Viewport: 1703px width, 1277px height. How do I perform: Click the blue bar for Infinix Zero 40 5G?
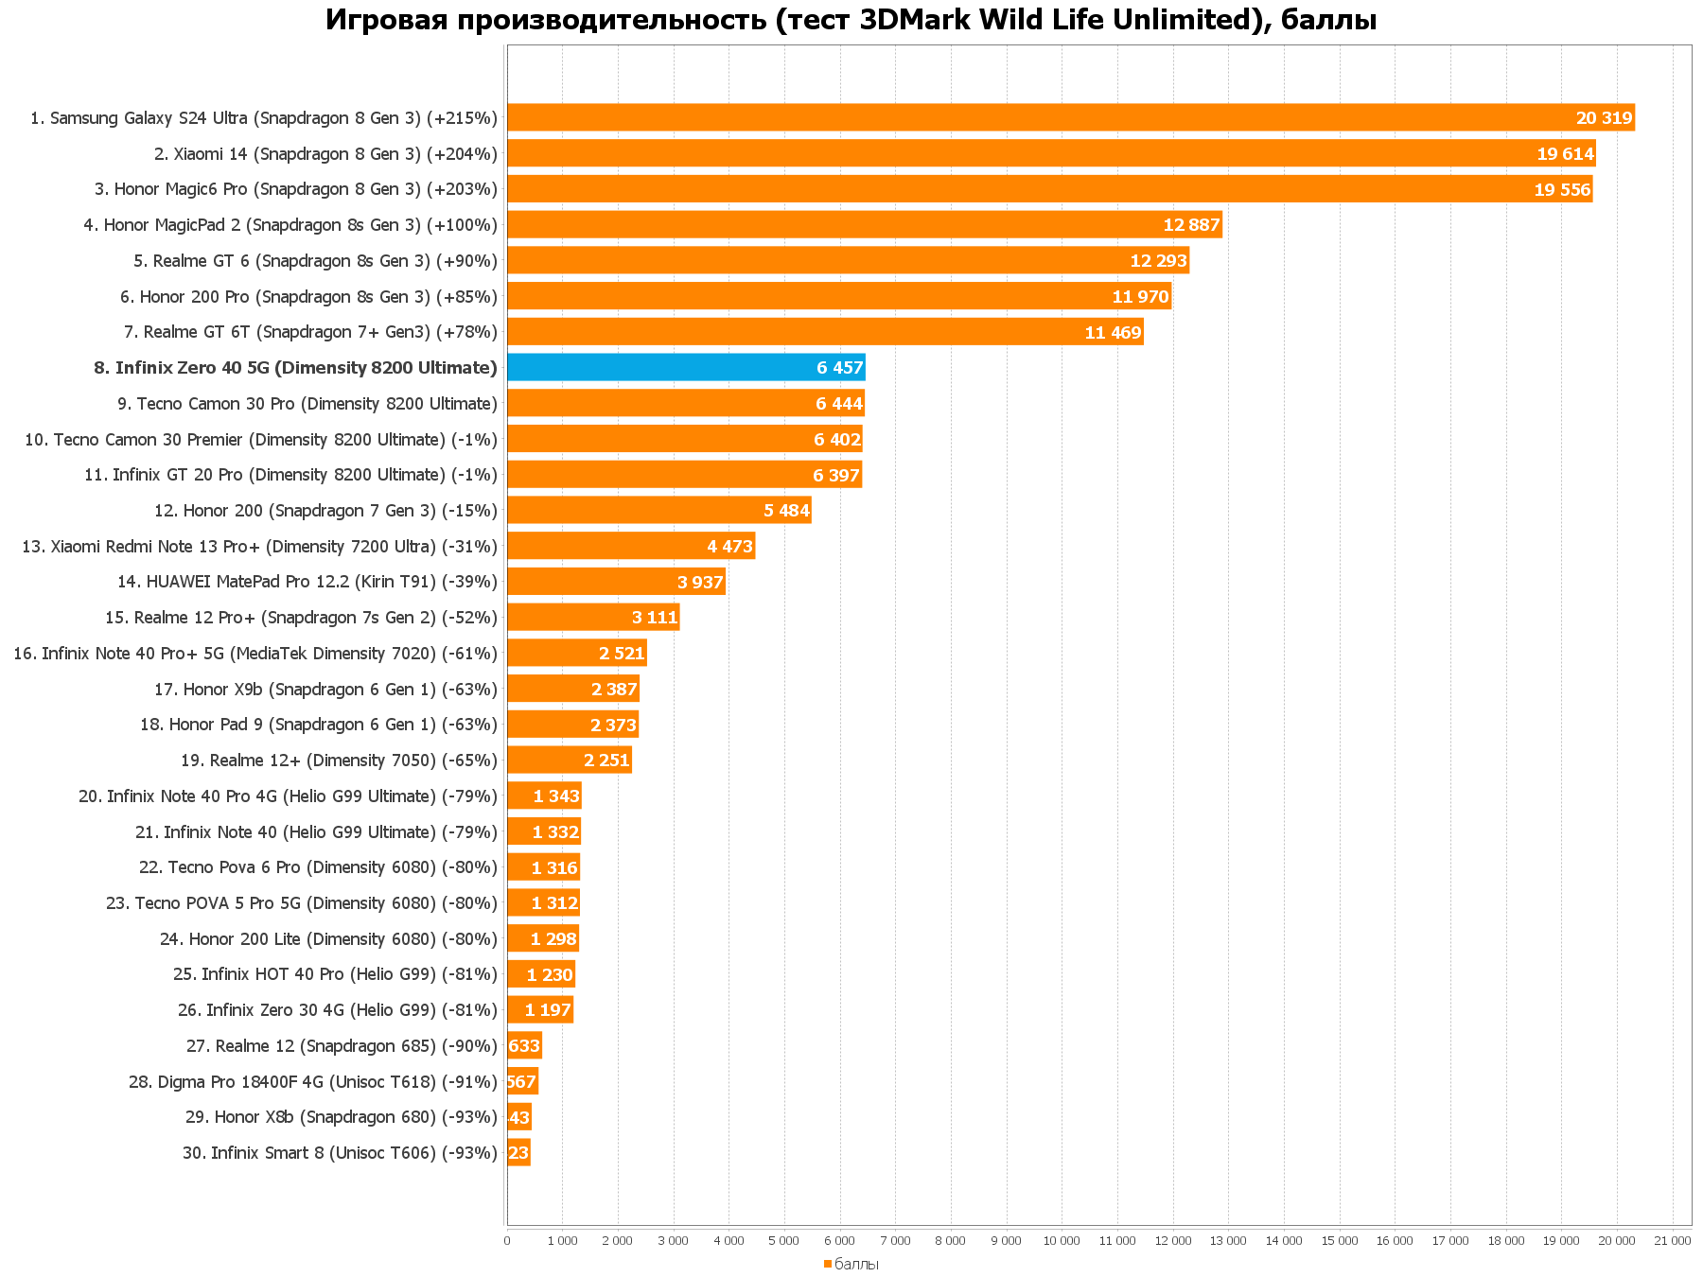click(686, 367)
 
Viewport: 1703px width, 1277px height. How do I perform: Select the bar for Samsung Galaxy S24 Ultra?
click(1069, 117)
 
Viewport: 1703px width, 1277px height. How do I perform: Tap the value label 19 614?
click(1565, 154)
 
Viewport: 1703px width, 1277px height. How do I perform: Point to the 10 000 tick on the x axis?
click(1062, 1240)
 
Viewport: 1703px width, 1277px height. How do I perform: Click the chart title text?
click(851, 20)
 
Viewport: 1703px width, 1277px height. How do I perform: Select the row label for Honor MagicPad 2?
click(290, 225)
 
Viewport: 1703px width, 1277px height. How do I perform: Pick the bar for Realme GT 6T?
click(825, 332)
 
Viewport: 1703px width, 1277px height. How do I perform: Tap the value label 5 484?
click(786, 511)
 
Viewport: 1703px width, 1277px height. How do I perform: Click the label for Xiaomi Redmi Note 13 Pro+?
click(259, 547)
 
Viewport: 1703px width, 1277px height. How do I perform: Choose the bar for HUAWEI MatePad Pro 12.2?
click(616, 582)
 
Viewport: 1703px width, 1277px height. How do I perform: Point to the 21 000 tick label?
click(1672, 1240)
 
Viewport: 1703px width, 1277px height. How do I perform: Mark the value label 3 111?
click(655, 618)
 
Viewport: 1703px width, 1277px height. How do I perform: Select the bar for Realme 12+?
click(569, 761)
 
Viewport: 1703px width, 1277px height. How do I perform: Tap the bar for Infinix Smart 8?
click(518, 1152)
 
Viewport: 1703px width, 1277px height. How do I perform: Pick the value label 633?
click(524, 1046)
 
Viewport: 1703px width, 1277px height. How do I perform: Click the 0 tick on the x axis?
click(507, 1240)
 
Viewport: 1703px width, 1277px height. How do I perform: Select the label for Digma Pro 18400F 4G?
click(313, 1082)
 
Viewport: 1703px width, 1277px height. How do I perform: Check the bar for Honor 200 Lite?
click(542, 939)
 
